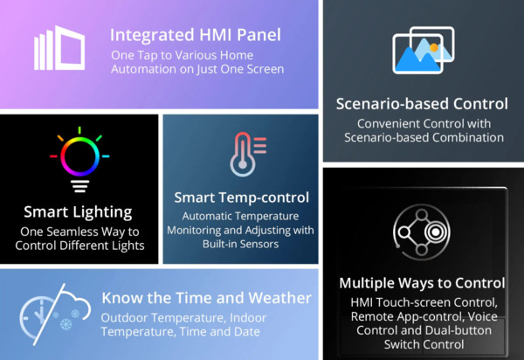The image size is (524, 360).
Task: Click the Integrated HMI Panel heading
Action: (196, 36)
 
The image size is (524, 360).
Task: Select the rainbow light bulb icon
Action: (79, 162)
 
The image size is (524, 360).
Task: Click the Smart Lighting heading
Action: (79, 211)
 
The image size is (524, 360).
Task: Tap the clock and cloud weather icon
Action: (50, 314)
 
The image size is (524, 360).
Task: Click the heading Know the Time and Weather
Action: (206, 298)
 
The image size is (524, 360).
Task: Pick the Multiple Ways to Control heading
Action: (423, 283)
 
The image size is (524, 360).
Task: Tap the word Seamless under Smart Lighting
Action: (86, 231)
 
